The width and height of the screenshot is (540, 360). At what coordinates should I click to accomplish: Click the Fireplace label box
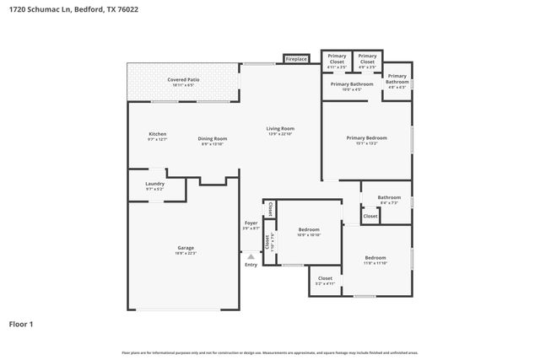coord(295,59)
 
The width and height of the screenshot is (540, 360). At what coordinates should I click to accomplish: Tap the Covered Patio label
coord(183,80)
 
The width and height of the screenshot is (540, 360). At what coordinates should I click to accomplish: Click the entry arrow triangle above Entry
coord(251,255)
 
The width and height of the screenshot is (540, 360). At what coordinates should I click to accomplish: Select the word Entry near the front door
coord(251,265)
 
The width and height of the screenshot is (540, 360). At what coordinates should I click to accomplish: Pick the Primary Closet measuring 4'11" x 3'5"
coord(337,59)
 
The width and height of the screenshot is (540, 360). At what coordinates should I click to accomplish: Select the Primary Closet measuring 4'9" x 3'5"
coord(367,59)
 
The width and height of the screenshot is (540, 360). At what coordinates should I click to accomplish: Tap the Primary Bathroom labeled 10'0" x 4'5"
coord(352,84)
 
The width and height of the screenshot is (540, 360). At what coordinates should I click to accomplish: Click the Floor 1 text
coord(21,324)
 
